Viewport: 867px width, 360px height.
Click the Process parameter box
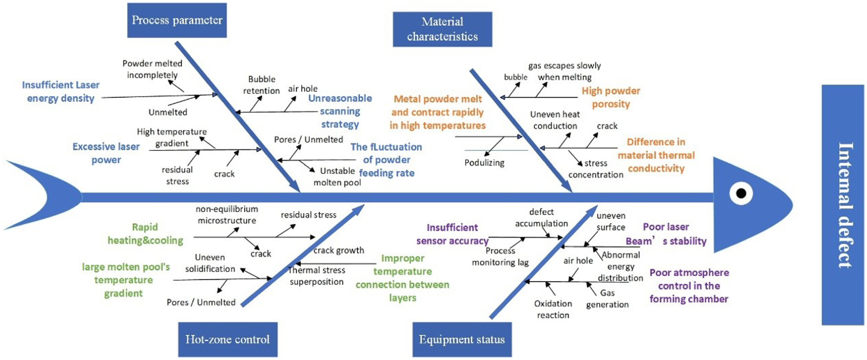177,20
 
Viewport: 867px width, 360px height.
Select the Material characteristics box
442,29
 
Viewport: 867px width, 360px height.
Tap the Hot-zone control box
227,339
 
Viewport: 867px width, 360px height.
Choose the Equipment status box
462,339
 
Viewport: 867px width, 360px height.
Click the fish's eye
740,194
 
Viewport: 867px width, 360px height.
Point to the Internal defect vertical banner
843,205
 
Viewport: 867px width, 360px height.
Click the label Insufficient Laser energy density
61,91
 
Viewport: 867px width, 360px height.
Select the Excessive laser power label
106,153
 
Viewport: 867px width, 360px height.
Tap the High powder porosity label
611,97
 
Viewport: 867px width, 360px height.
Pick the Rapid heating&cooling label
145,234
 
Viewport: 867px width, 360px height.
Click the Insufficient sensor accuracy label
452,234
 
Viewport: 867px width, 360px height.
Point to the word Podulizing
484,163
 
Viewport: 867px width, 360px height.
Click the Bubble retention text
262,85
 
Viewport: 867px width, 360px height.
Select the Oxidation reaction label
553,310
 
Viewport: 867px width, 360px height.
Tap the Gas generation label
607,299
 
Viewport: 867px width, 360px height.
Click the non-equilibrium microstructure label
227,215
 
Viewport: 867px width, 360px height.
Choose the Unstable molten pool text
337,177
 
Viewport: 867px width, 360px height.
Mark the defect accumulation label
541,218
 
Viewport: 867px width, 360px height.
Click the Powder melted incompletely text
152,69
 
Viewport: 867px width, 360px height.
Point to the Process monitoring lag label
500,257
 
